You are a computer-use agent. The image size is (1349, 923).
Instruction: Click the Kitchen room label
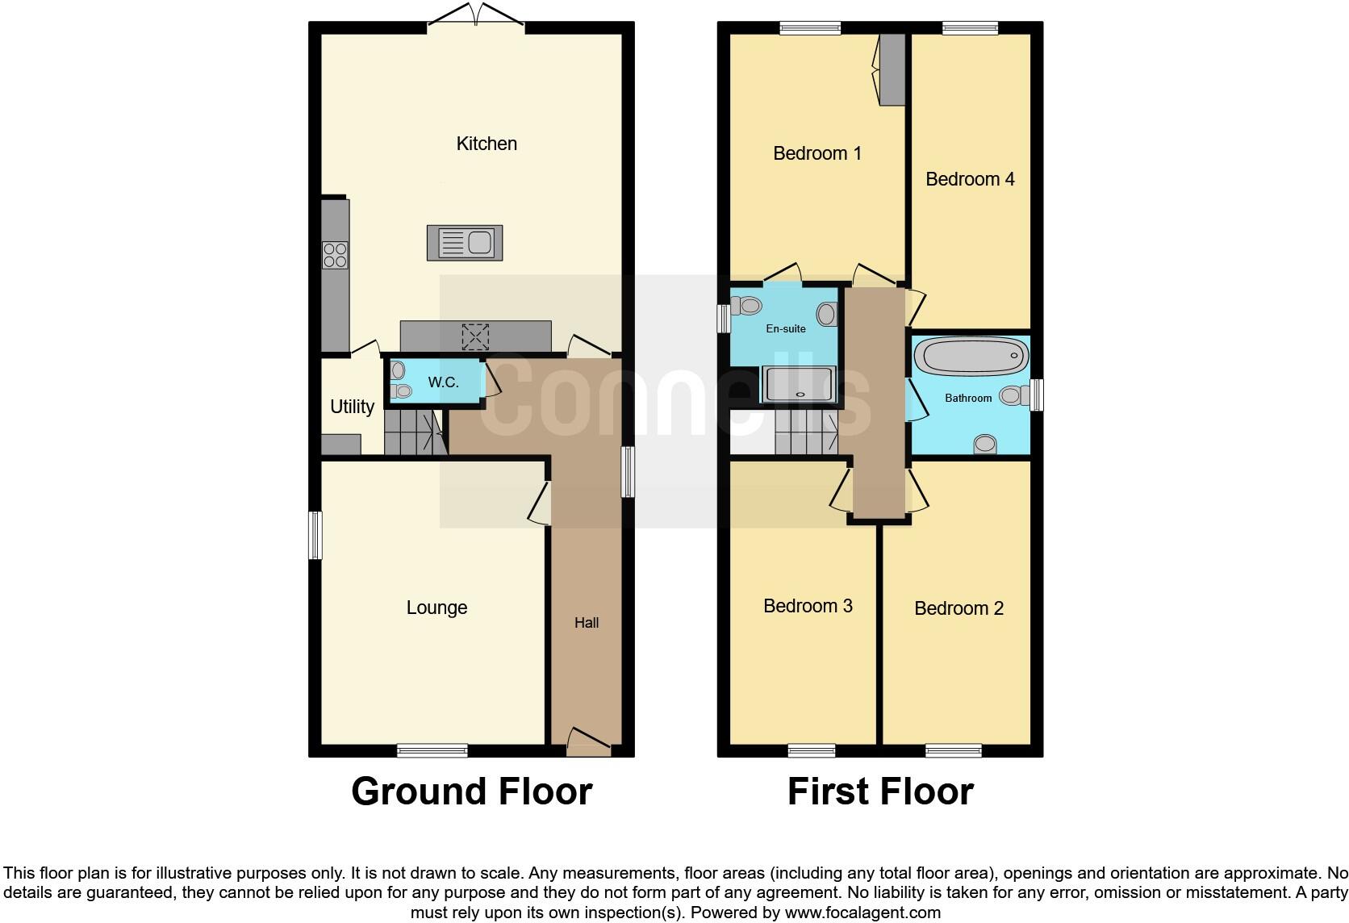pyautogui.click(x=487, y=144)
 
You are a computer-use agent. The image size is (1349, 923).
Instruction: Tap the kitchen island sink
pyautogui.click(x=465, y=243)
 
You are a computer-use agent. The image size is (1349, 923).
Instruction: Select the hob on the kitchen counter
pyautogui.click(x=335, y=255)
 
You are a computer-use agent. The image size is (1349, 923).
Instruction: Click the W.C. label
pyautogui.click(x=443, y=382)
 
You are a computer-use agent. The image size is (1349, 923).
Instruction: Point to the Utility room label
pyautogui.click(x=352, y=407)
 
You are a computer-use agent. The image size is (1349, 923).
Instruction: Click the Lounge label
pyautogui.click(x=436, y=608)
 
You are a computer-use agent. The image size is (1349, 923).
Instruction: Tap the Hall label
pyautogui.click(x=587, y=623)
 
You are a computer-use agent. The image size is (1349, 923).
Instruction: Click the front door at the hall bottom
pyautogui.click(x=588, y=741)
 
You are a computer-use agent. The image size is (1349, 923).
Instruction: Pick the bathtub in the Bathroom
pyautogui.click(x=971, y=356)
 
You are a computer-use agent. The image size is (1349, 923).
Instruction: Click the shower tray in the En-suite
pyautogui.click(x=799, y=384)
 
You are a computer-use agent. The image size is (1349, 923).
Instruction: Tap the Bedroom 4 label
pyautogui.click(x=970, y=179)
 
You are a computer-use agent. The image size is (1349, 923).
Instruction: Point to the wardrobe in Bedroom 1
pyautogui.click(x=892, y=69)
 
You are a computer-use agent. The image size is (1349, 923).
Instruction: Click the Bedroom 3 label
pyautogui.click(x=808, y=606)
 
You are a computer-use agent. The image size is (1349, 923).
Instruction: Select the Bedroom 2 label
pyautogui.click(x=958, y=608)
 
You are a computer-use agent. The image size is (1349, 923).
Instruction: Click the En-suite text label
pyautogui.click(x=785, y=328)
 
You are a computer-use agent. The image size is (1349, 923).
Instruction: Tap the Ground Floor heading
pyautogui.click(x=471, y=791)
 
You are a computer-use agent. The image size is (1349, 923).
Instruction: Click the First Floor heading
pyautogui.click(x=880, y=791)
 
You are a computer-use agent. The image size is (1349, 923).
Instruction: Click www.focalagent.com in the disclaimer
pyautogui.click(x=862, y=913)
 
